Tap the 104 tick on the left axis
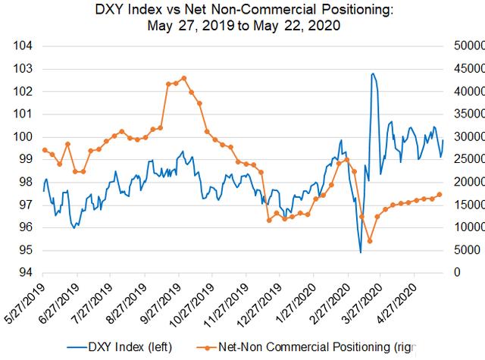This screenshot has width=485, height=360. tap(24, 46)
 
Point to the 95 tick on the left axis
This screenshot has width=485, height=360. tap(24, 250)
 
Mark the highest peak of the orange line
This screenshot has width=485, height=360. tap(184, 77)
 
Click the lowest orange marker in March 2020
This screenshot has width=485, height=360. tap(369, 241)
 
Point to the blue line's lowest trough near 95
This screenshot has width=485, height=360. tap(361, 252)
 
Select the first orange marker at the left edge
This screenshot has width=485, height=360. tap(45, 150)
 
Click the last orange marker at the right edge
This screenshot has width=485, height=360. tap(440, 195)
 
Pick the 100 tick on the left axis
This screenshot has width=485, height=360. tap(24, 137)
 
